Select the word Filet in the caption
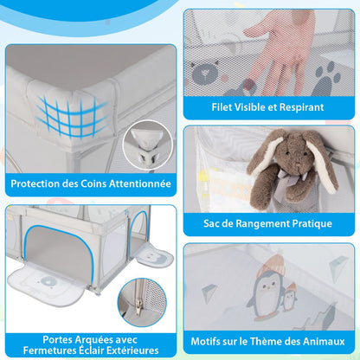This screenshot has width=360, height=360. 222,107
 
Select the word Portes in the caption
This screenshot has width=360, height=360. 57,339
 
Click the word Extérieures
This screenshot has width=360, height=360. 132,350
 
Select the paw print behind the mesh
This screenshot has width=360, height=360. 326,80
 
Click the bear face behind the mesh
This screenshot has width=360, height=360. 205,72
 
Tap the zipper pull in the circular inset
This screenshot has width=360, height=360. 139,305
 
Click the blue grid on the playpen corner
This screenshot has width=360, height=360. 72,115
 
